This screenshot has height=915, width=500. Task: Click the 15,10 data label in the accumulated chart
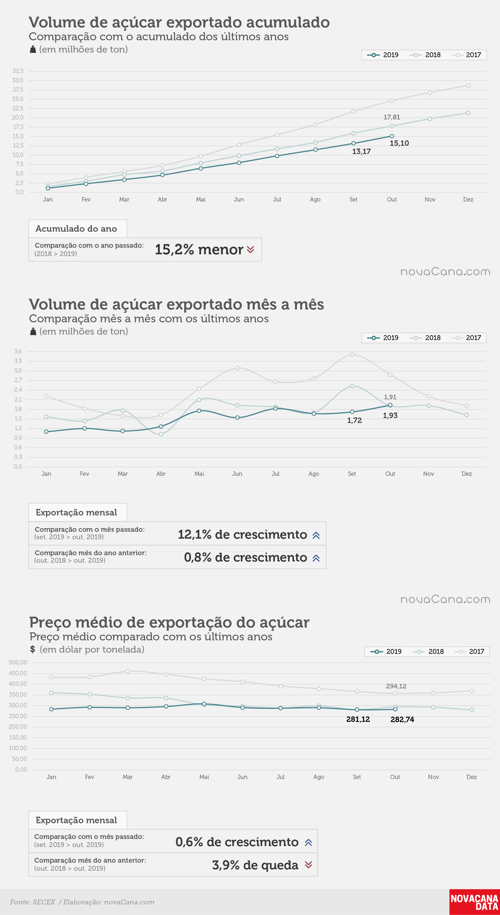[399, 143]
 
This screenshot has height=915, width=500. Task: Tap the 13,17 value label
[361, 151]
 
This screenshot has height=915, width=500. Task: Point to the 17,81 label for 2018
[392, 117]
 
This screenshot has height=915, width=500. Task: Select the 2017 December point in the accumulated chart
[468, 86]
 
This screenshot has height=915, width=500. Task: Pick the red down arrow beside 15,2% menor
[250, 250]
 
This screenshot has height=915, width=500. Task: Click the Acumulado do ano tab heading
[76, 229]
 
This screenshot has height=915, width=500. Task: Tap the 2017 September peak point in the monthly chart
[352, 355]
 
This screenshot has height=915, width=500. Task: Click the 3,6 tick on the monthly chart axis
[18, 352]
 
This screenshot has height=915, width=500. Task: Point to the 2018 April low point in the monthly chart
[161, 434]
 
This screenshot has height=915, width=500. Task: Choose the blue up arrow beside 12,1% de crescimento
[316, 535]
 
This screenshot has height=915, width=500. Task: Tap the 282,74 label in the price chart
[402, 719]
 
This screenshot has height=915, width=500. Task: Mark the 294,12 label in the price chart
[396, 686]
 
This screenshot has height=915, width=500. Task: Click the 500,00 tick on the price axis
[18, 662]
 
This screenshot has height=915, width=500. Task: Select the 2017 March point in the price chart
[128, 671]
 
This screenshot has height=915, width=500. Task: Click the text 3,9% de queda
[255, 865]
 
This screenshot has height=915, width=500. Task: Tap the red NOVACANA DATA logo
[475, 902]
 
